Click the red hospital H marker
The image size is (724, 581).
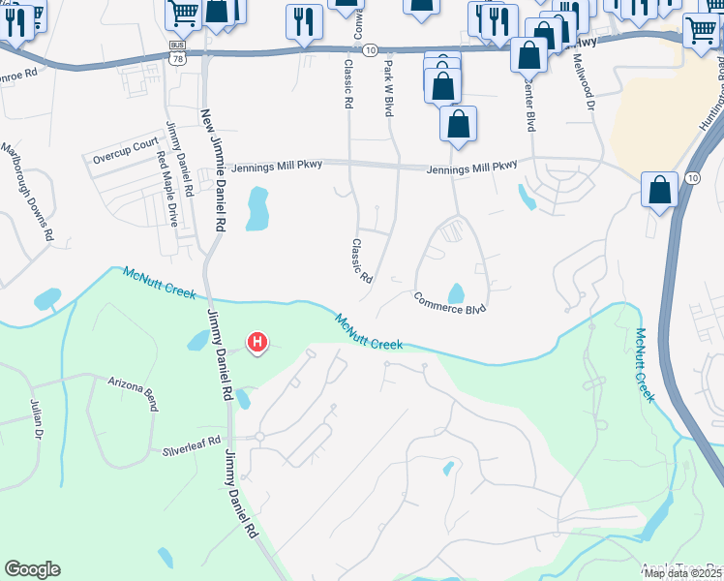257,342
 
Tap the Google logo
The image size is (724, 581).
32,569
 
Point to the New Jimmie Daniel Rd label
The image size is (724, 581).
213,170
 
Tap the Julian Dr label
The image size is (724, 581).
36,421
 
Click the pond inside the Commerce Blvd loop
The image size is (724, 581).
456,292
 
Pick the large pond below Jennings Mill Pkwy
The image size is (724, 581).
256,208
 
